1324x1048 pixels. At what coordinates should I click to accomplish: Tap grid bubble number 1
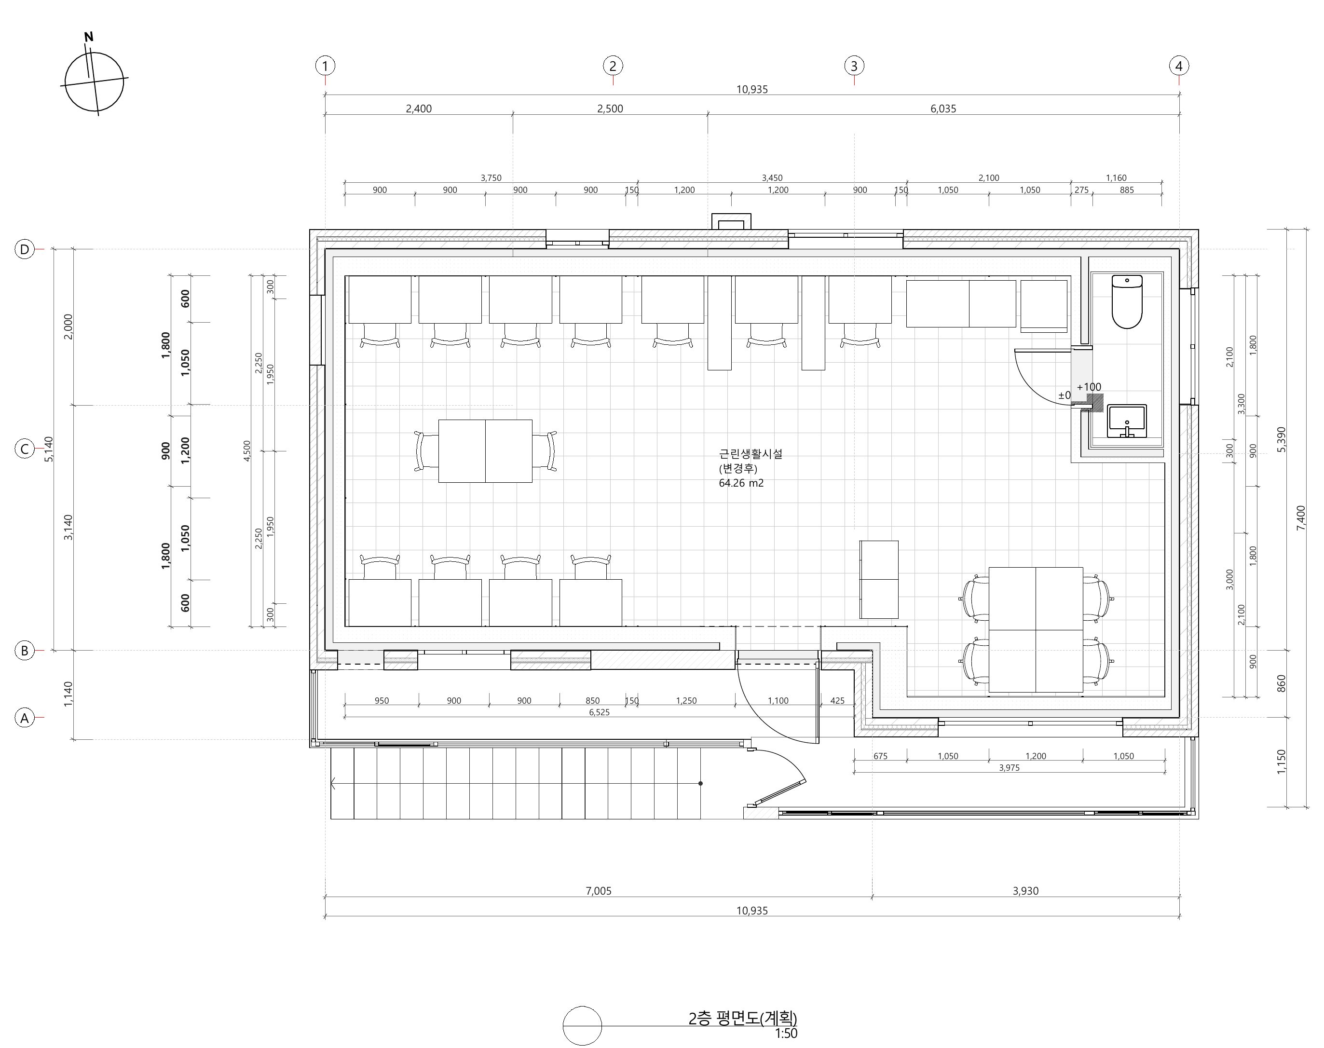pyautogui.click(x=325, y=66)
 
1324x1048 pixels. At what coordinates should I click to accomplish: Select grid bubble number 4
pyautogui.click(x=1179, y=66)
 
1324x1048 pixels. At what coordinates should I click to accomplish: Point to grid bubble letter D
pyautogui.click(x=25, y=249)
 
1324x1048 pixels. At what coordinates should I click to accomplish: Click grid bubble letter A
pyautogui.click(x=25, y=718)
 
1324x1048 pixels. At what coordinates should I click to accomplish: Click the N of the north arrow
pyautogui.click(x=89, y=37)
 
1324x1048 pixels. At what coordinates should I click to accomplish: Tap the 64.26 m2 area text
pyautogui.click(x=741, y=483)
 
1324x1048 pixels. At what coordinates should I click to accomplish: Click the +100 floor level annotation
pyautogui.click(x=1089, y=387)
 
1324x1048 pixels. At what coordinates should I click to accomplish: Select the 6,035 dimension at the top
pyautogui.click(x=943, y=109)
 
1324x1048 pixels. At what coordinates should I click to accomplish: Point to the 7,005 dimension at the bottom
pyautogui.click(x=598, y=891)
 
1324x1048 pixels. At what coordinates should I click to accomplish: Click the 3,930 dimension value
pyautogui.click(x=1025, y=891)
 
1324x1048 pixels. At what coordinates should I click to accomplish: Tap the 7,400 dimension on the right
pyautogui.click(x=1301, y=518)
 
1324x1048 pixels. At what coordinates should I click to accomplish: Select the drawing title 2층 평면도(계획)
pyautogui.click(x=742, y=1018)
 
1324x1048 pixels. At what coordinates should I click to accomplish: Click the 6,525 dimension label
pyautogui.click(x=600, y=712)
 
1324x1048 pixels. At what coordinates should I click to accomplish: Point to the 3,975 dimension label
pyautogui.click(x=1009, y=768)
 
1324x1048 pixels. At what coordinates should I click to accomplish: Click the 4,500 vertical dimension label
pyautogui.click(x=246, y=451)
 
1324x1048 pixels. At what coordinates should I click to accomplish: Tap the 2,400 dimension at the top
pyautogui.click(x=419, y=109)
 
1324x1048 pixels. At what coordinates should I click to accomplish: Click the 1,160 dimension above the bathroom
pyautogui.click(x=1116, y=178)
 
